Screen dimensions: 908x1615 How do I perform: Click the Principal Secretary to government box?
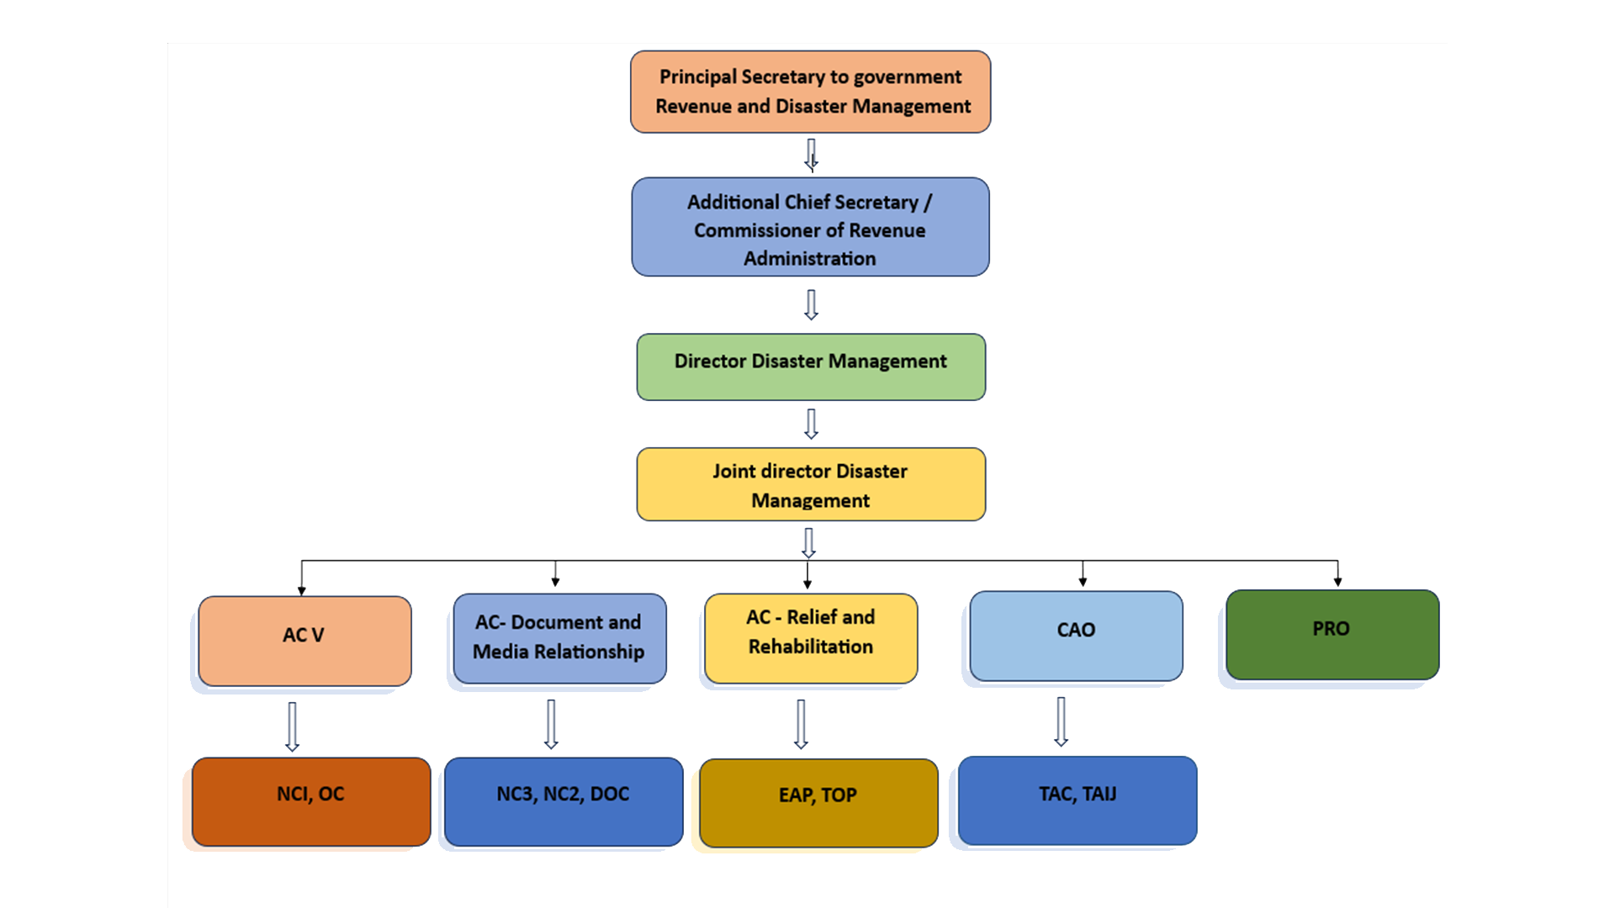click(x=810, y=92)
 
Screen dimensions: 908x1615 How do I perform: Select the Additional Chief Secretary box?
click(x=810, y=227)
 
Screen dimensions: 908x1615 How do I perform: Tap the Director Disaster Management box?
click(x=810, y=367)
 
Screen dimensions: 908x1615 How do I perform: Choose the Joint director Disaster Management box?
click(x=810, y=484)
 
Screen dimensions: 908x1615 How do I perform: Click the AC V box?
click(x=304, y=641)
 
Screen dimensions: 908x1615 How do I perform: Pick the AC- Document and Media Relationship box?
click(x=559, y=638)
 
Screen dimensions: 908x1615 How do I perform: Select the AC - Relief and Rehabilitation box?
click(x=811, y=638)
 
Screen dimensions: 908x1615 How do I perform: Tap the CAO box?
click(x=1076, y=636)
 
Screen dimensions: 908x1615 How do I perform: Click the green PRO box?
click(x=1332, y=635)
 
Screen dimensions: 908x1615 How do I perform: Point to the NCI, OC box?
click(x=311, y=801)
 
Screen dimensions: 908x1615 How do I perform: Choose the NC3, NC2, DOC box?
click(x=564, y=801)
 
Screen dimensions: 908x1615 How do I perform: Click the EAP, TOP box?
click(x=818, y=803)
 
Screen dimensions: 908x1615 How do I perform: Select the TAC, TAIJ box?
click(x=1078, y=800)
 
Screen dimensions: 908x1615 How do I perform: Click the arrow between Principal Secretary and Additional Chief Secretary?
click(x=811, y=155)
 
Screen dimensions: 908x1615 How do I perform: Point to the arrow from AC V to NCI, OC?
click(x=292, y=726)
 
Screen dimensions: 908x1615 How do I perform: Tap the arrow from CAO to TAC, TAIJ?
click(x=1062, y=721)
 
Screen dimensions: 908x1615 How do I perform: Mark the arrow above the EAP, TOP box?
click(x=801, y=724)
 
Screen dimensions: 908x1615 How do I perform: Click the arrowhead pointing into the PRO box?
click(x=1337, y=580)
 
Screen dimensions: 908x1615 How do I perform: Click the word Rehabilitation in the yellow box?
click(x=811, y=647)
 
